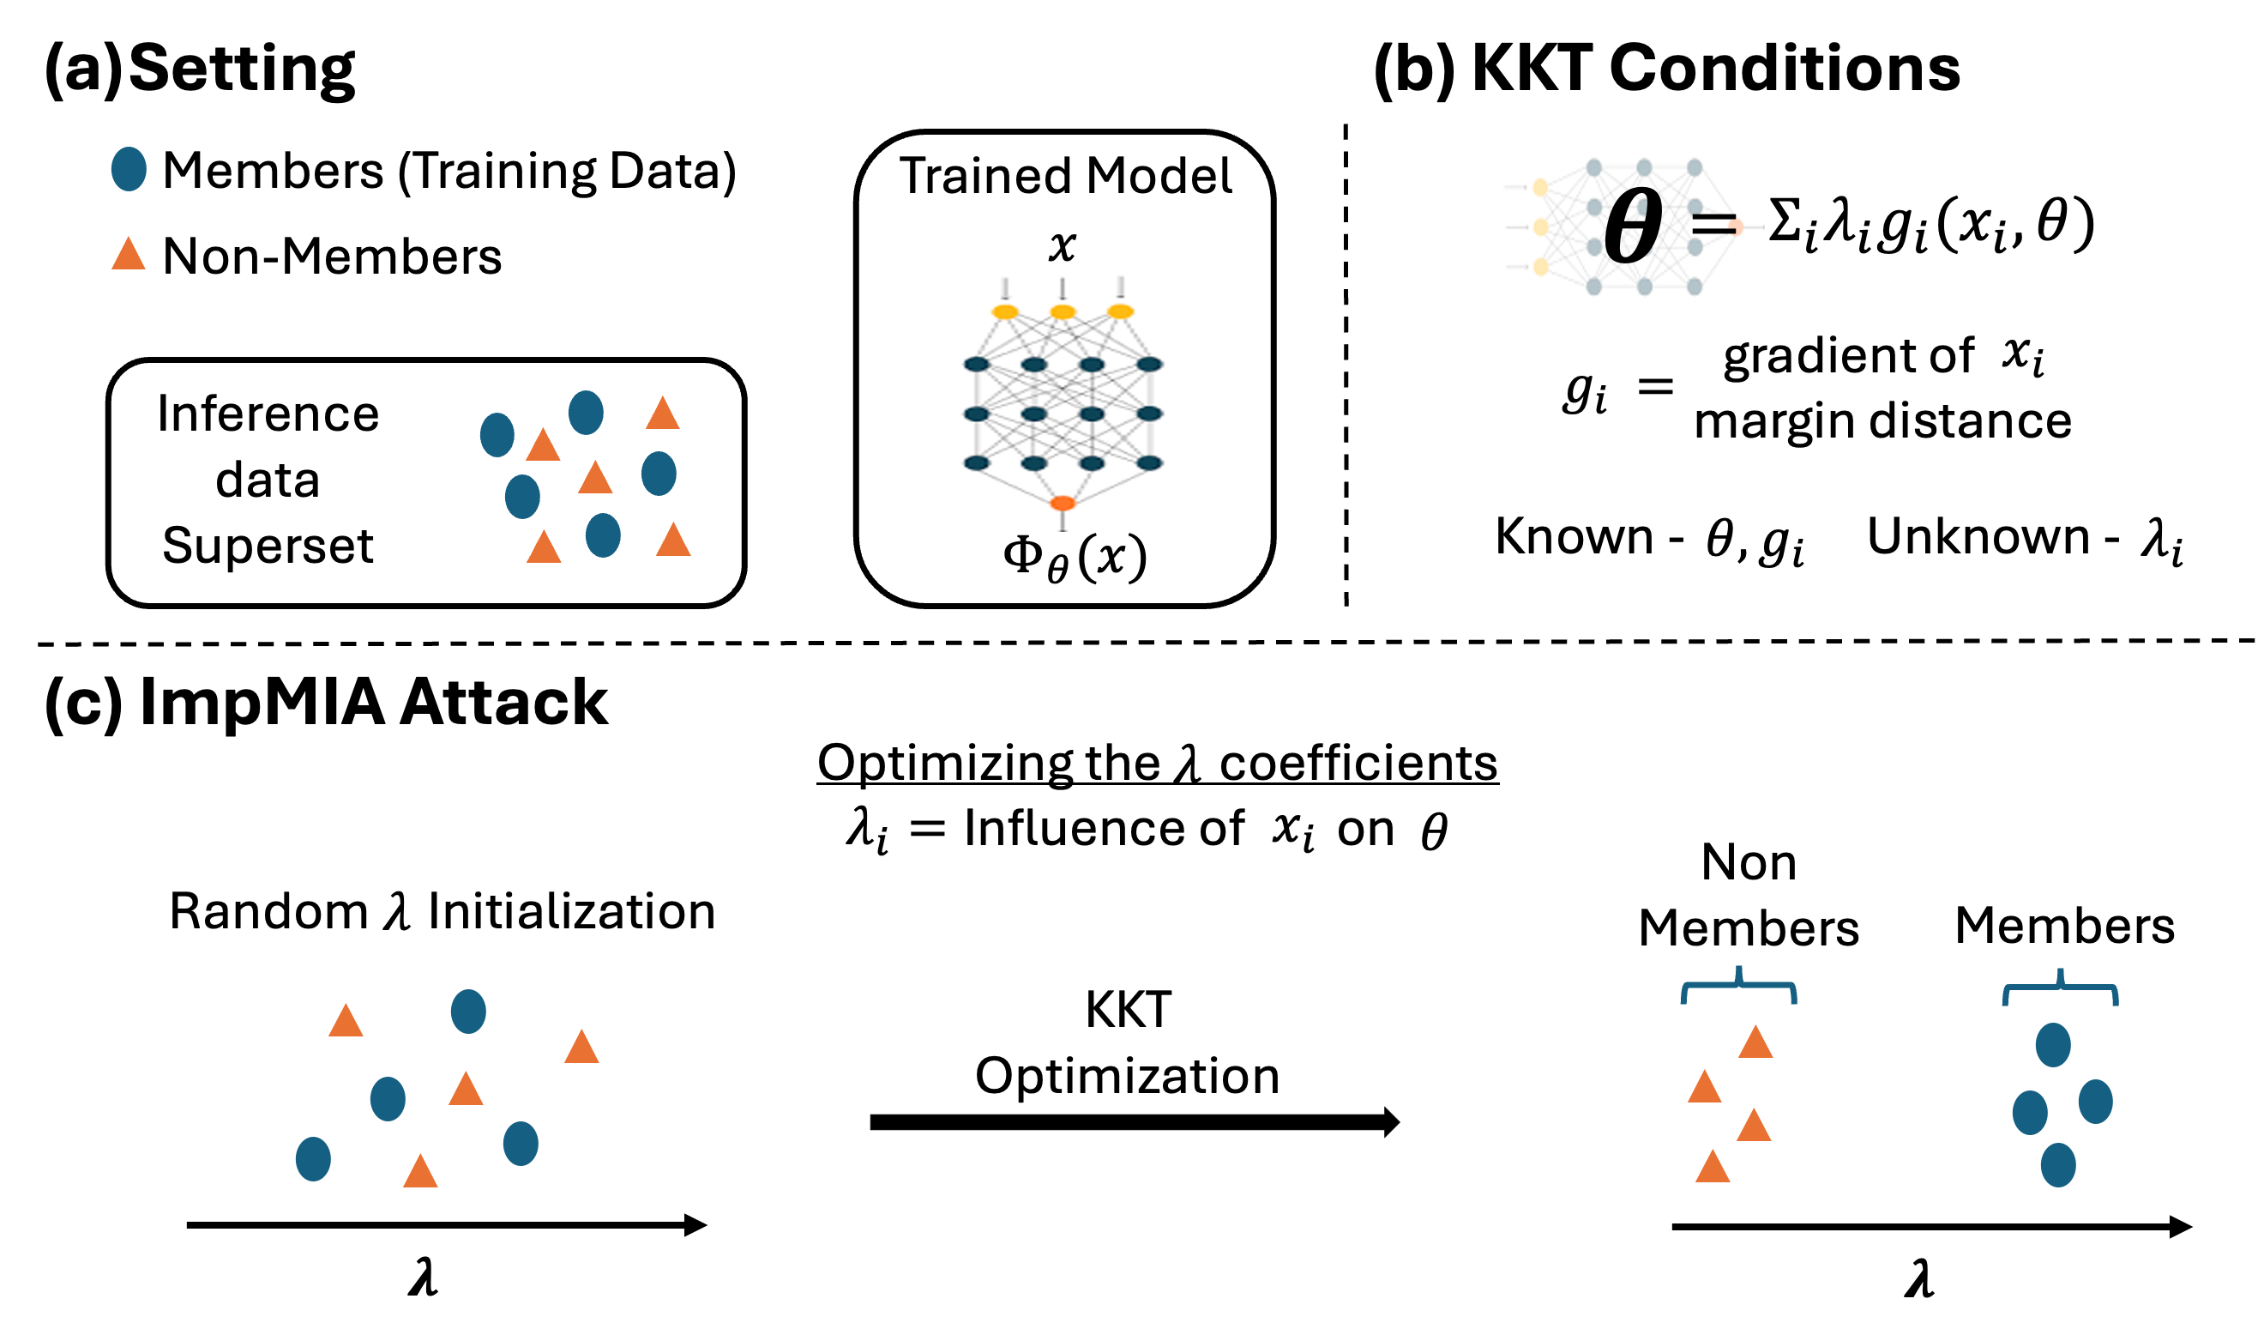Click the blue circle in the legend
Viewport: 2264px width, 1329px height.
[x=129, y=169]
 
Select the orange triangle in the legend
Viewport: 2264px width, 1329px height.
[x=129, y=254]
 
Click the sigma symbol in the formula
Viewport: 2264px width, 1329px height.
[x=1785, y=221]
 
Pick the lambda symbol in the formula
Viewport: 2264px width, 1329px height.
[x=1838, y=220]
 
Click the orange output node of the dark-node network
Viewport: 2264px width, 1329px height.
[x=1062, y=504]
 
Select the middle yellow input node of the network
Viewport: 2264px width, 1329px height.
[x=1062, y=311]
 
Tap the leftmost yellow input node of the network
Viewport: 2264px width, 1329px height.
[x=1004, y=311]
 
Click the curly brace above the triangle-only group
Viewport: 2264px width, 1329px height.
[x=1738, y=988]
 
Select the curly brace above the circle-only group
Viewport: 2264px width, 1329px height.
[x=2060, y=990]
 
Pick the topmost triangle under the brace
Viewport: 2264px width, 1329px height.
[x=1755, y=1043]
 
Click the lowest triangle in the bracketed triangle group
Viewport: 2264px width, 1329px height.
[x=1713, y=1167]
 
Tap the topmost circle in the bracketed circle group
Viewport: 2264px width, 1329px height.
[x=2053, y=1045]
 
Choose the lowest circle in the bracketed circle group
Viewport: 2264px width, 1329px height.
[x=2058, y=1165]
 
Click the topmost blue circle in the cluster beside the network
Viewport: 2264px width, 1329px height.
[x=586, y=413]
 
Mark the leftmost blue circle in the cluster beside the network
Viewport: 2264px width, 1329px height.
[x=497, y=435]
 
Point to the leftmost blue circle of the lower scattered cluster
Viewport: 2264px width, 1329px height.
[x=313, y=1159]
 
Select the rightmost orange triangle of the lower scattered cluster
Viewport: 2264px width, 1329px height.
[x=581, y=1048]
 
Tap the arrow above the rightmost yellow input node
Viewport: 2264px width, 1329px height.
[x=1119, y=287]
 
